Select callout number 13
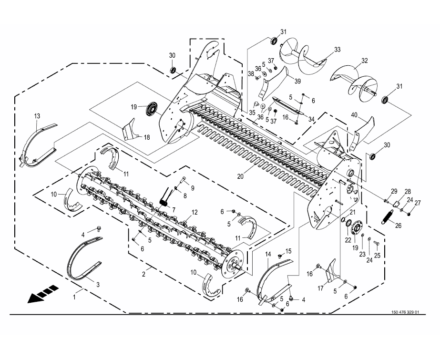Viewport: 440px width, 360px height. [37, 116]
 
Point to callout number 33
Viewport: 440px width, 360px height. [337, 50]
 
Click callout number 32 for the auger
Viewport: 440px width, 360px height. [365, 61]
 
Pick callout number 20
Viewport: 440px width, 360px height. [240, 176]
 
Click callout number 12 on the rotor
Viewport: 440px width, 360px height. [194, 212]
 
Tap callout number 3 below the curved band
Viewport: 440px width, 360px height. [98, 285]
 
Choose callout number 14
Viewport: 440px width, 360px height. [268, 254]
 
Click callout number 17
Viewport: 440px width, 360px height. [320, 288]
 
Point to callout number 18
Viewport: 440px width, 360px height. [147, 137]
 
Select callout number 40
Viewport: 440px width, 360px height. [354, 115]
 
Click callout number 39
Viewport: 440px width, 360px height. [297, 81]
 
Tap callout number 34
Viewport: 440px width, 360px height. [311, 119]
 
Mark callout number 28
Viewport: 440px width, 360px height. [408, 192]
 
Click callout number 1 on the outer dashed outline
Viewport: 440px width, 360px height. [74, 297]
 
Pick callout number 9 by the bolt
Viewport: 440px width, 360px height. [193, 188]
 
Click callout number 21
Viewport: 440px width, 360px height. [352, 212]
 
